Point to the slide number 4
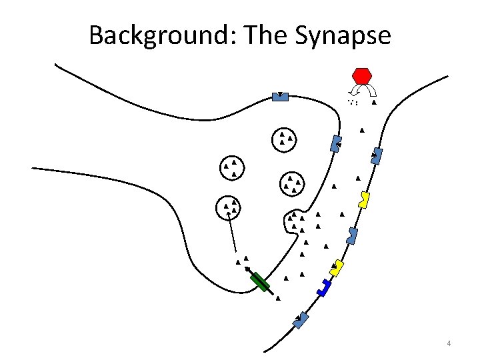tap(449, 343)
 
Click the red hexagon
tap(362, 75)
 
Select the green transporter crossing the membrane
tap(260, 282)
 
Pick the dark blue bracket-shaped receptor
tap(324, 287)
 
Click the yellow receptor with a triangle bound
tap(337, 267)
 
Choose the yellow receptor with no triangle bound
tap(364, 199)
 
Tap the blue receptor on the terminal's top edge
tap(280, 97)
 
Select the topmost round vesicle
tap(285, 139)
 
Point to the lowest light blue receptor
tap(302, 319)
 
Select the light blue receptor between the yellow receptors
tap(353, 235)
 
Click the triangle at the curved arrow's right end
tap(374, 103)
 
